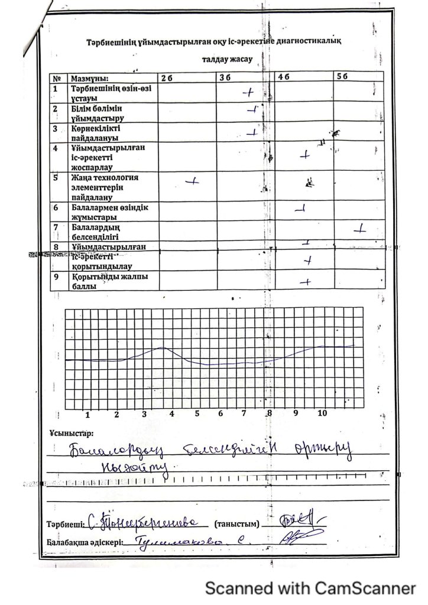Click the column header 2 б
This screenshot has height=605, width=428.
coord(166,77)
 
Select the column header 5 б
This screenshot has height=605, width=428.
coord(342,77)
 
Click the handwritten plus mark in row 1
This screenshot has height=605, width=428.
coord(248,92)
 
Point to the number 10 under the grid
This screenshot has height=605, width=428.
coord(322,413)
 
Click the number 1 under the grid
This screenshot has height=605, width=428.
coord(87,414)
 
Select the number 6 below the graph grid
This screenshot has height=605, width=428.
coord(220,414)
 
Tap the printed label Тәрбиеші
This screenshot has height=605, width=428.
coord(65,524)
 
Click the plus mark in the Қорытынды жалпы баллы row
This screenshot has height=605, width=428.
coord(306,282)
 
